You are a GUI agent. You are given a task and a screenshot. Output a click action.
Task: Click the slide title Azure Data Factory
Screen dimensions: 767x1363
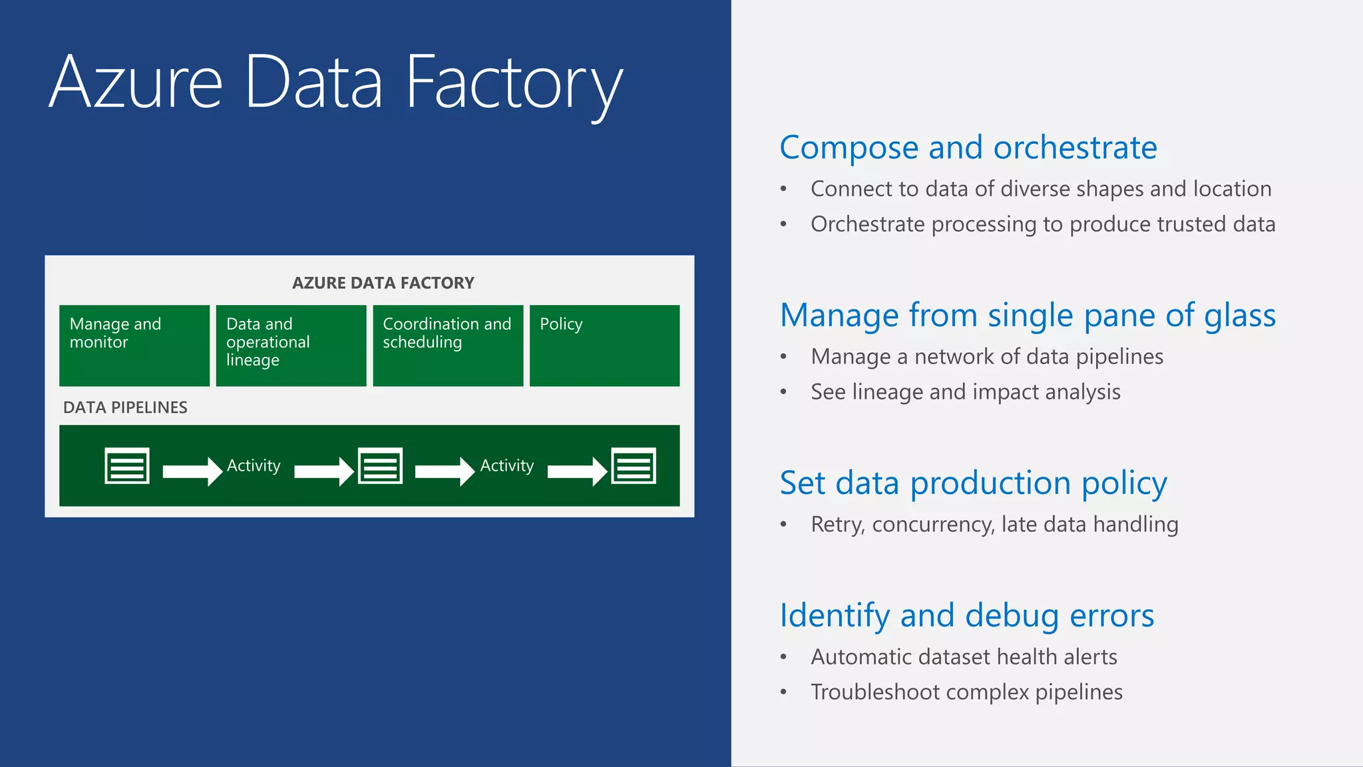(x=336, y=83)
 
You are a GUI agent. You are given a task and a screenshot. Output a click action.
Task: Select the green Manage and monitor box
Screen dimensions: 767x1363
(x=134, y=346)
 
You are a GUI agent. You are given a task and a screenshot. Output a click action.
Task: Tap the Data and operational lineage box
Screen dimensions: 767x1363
(x=291, y=346)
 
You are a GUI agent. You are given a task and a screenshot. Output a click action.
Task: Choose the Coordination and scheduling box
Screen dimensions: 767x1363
(x=448, y=346)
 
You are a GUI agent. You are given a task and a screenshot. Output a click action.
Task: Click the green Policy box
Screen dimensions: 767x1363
(x=604, y=346)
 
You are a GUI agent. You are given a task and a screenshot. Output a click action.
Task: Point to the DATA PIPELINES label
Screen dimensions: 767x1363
(x=125, y=407)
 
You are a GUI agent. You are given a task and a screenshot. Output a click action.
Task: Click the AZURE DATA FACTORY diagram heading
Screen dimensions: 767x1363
(x=383, y=283)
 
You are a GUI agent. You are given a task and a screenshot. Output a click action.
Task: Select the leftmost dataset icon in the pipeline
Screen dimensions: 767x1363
(x=126, y=465)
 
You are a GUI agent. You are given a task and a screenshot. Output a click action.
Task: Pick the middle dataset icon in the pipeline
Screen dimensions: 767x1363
(x=380, y=465)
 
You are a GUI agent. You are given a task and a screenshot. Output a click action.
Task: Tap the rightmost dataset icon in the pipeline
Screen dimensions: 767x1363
(x=634, y=465)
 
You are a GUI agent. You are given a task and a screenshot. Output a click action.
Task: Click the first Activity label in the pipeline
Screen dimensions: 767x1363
(x=254, y=465)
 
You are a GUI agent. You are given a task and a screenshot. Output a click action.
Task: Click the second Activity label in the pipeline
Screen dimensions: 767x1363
(x=507, y=465)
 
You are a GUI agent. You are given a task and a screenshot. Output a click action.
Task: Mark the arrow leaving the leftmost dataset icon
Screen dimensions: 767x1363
(x=192, y=471)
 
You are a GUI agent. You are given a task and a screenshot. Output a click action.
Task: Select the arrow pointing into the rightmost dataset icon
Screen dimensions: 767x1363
(x=576, y=471)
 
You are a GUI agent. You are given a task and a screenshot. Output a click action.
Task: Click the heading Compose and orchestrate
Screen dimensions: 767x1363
(x=968, y=147)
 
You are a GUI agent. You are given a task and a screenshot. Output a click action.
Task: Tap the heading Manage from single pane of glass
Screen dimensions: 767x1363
(x=1028, y=315)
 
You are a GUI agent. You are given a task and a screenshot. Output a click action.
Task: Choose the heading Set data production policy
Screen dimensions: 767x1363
(x=973, y=483)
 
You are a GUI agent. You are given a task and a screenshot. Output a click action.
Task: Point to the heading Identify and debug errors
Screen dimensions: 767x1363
(x=966, y=615)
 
